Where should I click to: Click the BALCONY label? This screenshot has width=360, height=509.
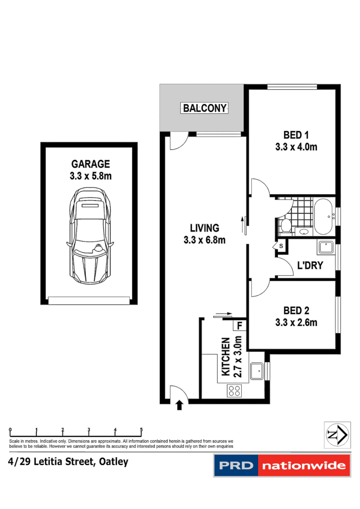[205, 108]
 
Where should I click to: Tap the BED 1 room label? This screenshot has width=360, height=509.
[296, 134]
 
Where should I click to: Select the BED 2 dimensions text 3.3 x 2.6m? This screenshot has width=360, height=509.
[296, 323]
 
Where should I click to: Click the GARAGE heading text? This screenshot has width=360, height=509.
[90, 164]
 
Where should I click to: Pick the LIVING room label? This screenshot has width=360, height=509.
[204, 228]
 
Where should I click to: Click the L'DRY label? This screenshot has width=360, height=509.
[310, 266]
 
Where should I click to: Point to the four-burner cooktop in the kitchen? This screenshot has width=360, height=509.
[235, 390]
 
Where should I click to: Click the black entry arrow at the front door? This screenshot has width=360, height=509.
[180, 405]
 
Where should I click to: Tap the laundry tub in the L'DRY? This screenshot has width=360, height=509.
[325, 248]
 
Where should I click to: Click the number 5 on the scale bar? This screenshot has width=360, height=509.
[141, 430]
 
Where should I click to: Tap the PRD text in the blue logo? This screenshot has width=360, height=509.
[236, 466]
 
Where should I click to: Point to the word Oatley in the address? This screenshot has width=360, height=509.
[113, 462]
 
